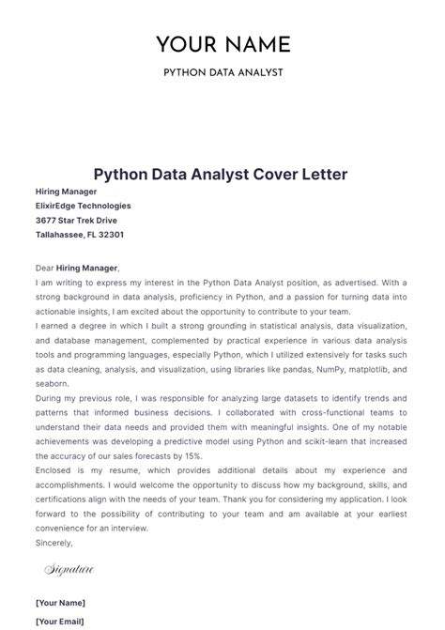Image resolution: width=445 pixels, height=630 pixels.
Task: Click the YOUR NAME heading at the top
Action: (222, 44)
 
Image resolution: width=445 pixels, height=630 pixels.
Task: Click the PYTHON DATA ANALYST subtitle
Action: (222, 72)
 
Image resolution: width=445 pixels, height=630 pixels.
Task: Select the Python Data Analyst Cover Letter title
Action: (222, 175)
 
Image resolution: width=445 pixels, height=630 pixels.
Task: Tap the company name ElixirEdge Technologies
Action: (84, 206)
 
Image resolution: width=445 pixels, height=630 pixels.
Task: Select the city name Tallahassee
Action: (64, 235)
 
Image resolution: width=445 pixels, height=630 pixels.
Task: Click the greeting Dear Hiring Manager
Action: (78, 268)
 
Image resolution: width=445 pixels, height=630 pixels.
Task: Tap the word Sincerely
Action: (54, 543)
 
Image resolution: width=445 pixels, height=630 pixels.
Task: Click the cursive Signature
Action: (69, 569)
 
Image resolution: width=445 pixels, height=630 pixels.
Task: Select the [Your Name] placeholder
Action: (60, 603)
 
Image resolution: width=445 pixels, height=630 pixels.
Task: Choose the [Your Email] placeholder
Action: (59, 622)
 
